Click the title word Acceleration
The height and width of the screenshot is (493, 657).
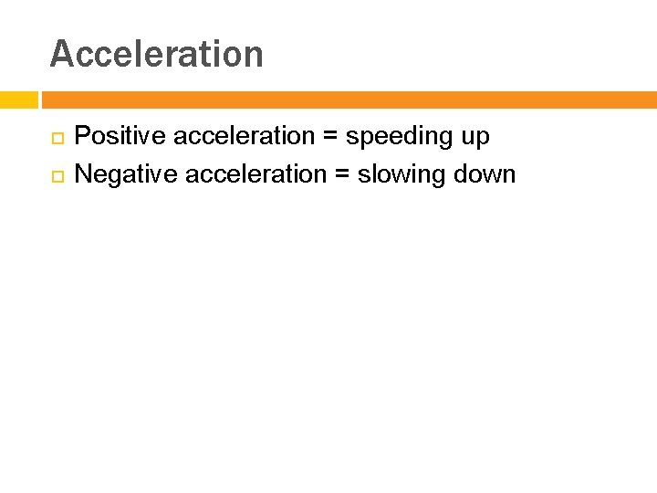click(156, 54)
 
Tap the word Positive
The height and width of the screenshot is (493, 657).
click(120, 136)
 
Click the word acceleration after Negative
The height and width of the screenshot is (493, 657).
click(256, 173)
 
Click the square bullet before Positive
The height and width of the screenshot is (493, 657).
click(57, 137)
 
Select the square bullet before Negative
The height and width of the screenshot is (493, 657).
click(57, 174)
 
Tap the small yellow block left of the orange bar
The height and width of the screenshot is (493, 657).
click(18, 100)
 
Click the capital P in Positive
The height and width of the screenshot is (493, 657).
click(82, 136)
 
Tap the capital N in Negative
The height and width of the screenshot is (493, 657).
click(83, 173)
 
